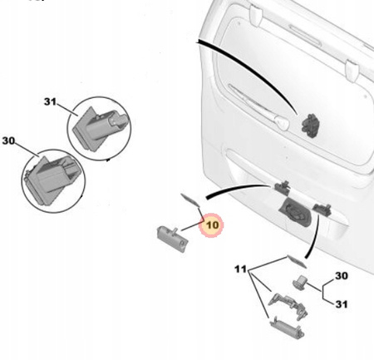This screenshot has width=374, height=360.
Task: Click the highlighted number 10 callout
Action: (212, 224)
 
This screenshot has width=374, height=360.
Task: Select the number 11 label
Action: (240, 269)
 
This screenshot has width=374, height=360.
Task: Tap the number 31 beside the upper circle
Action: (50, 101)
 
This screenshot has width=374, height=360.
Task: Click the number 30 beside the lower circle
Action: (8, 141)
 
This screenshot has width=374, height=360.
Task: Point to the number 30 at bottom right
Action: (342, 276)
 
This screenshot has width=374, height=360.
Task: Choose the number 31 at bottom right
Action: (342, 304)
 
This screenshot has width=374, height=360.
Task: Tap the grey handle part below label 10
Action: (172, 239)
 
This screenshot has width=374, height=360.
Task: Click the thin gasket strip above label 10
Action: (190, 200)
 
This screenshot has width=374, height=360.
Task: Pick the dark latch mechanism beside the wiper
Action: (310, 126)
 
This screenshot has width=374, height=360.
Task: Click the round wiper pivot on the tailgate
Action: (282, 123)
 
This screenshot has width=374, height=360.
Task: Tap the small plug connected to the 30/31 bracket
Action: (300, 282)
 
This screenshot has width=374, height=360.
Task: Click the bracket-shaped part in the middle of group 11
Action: (288, 305)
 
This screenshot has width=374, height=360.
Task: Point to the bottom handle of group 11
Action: (287, 328)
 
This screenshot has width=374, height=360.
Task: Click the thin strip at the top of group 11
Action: (297, 262)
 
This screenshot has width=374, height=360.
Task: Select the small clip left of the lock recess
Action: (282, 186)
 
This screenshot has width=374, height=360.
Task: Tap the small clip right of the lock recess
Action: (322, 210)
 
